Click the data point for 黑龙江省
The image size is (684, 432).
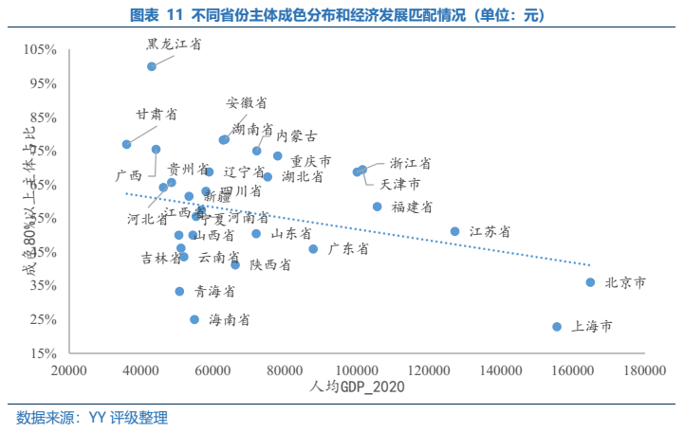152,66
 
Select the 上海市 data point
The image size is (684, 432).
557,327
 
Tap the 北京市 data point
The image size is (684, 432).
590,282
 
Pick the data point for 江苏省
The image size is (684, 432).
454,231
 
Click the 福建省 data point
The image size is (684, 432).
377,207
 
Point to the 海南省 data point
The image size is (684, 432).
194,320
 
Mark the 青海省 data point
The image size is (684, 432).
179,292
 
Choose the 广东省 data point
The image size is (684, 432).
313,249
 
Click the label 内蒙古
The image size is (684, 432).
297,135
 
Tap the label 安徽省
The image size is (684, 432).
246,102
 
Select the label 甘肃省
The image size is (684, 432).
157,114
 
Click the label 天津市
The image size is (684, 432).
399,184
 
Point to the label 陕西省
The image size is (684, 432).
270,265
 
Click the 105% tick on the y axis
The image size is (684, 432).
40,49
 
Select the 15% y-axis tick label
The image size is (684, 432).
43,353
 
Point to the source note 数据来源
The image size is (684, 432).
92,417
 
